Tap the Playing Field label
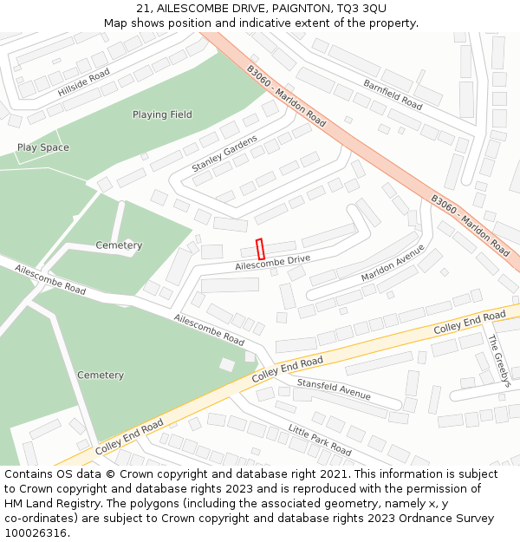162,114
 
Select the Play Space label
43,147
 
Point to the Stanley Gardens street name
224,153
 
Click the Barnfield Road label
393,95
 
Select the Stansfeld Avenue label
334,389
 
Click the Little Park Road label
320,440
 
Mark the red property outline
260,249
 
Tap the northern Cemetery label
119,245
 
